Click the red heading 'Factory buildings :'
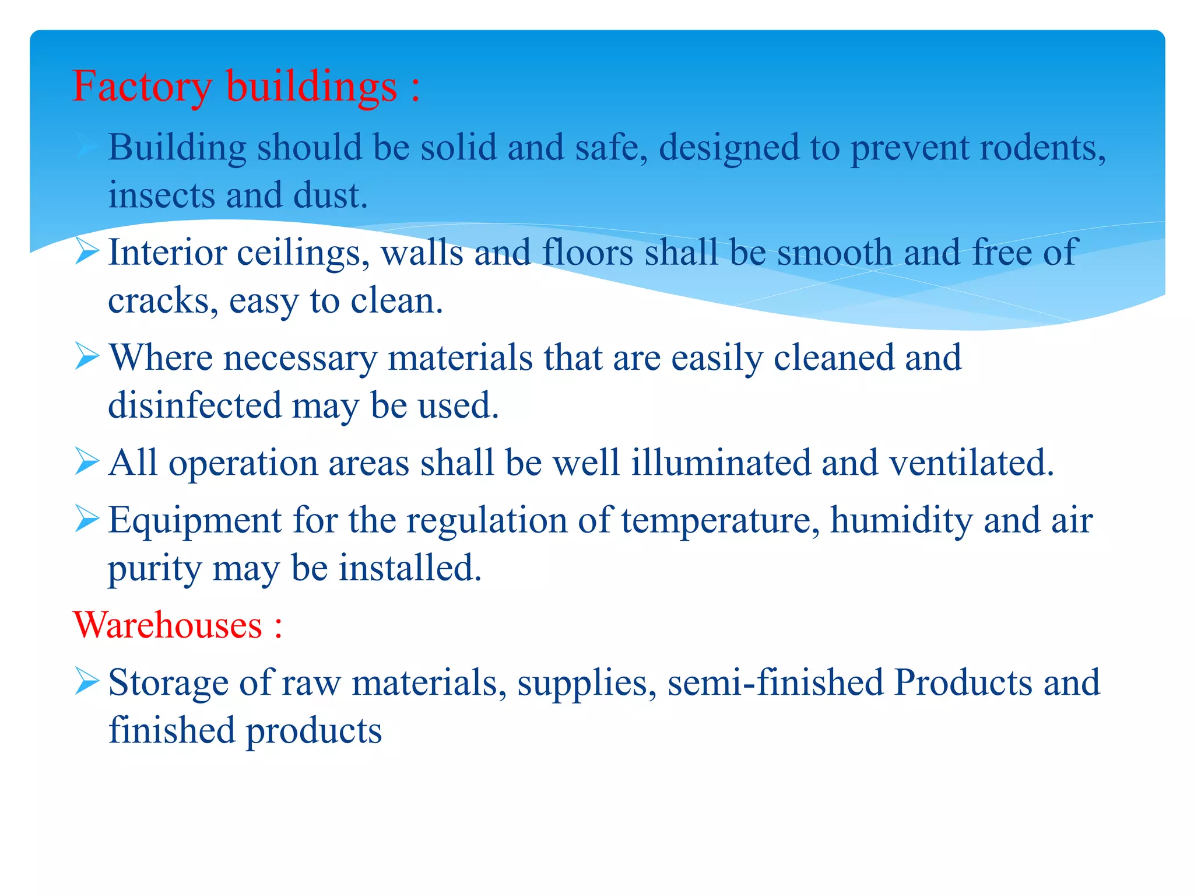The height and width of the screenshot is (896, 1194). [x=245, y=86]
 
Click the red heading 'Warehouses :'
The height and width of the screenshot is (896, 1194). [x=178, y=625]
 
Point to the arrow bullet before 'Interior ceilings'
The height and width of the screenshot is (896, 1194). [x=87, y=253]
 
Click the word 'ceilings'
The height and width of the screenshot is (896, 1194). [x=303, y=254]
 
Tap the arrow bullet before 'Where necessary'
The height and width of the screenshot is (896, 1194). [x=87, y=357]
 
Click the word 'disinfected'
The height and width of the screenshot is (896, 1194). [x=195, y=405]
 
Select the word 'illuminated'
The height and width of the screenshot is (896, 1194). [x=721, y=463]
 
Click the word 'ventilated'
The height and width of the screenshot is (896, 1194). [x=971, y=463]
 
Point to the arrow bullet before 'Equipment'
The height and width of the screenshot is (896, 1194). [x=87, y=519]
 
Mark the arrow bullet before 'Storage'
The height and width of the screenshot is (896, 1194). [x=87, y=682]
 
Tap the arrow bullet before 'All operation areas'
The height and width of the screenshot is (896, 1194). [x=87, y=462]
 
